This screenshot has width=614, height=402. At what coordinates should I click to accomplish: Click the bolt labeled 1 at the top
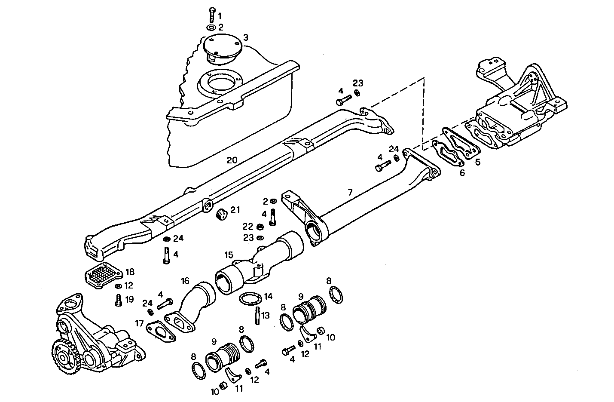point(212,15)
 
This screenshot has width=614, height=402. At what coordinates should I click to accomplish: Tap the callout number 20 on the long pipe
point(232,160)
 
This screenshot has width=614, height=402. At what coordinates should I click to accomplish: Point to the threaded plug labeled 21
point(221,214)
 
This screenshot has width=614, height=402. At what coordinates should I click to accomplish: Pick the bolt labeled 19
point(117,300)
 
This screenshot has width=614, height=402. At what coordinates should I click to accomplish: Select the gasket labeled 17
point(161,331)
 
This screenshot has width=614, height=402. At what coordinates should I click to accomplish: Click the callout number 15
point(228,255)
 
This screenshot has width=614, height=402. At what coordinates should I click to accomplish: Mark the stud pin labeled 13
point(257,316)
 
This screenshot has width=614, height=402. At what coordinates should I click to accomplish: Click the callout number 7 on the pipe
point(350,192)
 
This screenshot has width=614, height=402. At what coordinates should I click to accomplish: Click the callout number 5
point(477,162)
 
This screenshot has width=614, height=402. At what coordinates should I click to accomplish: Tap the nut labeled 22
point(260,227)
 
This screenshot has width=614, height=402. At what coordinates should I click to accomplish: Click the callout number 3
point(245,37)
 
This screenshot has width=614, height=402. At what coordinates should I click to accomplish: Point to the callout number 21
point(235,210)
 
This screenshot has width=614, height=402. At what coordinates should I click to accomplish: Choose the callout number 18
point(129,272)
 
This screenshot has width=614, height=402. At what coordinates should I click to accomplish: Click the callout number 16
point(185,281)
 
